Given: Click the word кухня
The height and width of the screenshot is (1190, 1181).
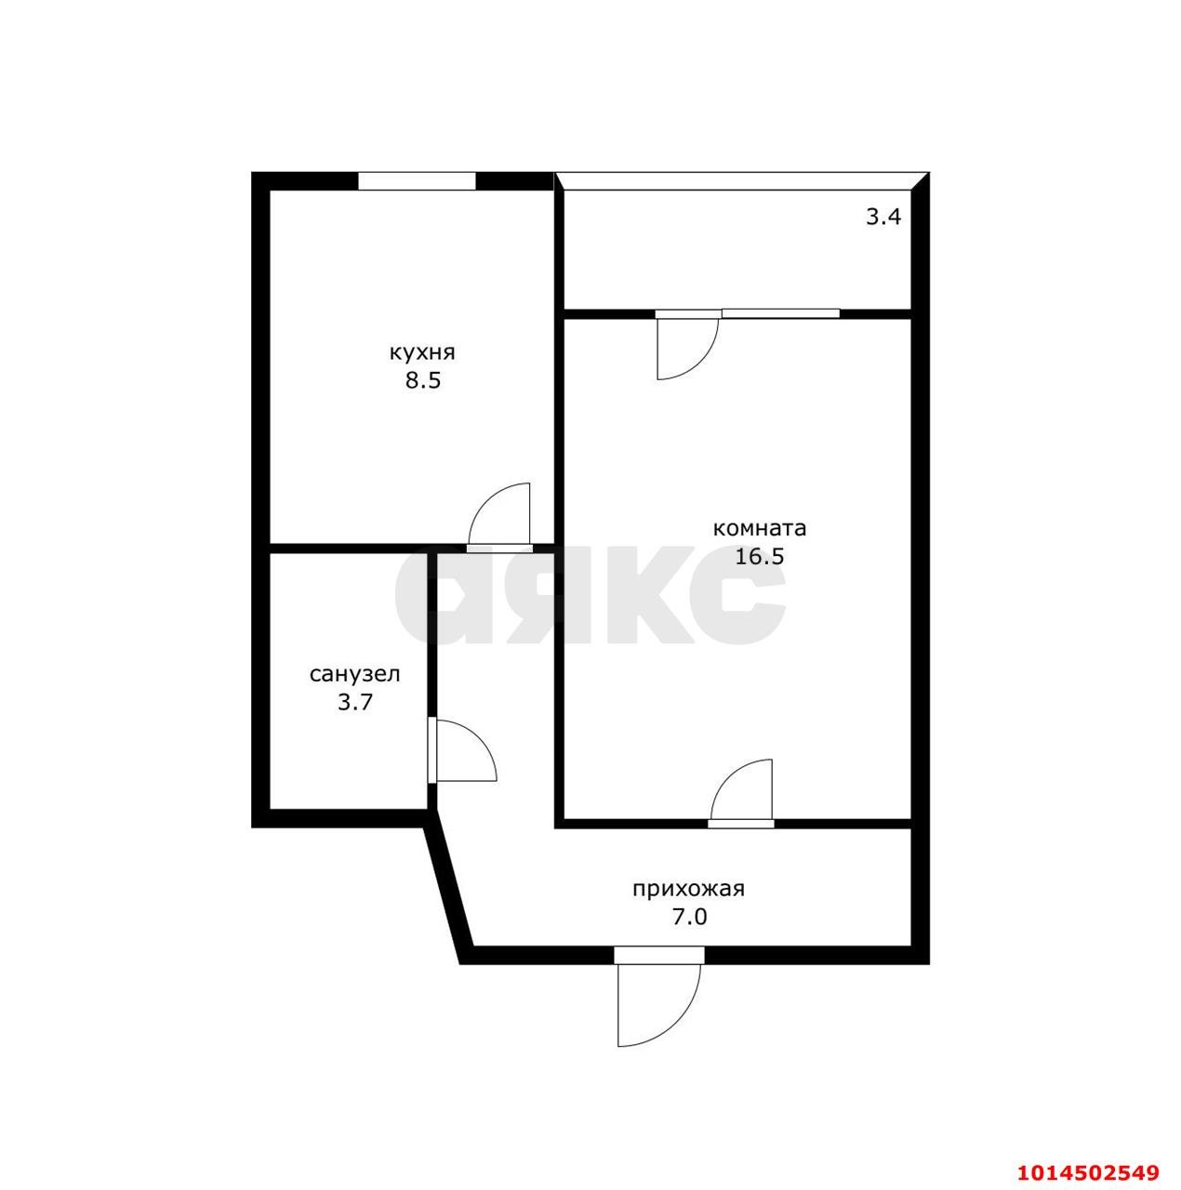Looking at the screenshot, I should click(x=421, y=353).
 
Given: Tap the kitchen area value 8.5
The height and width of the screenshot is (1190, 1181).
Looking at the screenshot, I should click(x=421, y=381).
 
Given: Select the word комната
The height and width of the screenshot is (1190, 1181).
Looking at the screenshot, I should click(x=759, y=529).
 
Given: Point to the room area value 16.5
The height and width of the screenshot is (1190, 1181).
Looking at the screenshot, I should click(x=760, y=557).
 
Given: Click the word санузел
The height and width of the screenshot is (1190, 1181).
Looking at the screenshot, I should click(x=354, y=674).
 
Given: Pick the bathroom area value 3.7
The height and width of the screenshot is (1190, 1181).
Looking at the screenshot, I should click(x=354, y=703).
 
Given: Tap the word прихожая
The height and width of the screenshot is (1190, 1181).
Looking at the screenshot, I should click(x=688, y=889).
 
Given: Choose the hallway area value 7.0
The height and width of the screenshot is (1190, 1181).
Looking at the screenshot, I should click(x=689, y=918).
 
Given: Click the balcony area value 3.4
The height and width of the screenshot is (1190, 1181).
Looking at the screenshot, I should click(x=883, y=218).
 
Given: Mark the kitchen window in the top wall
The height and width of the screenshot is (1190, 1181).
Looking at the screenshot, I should click(x=417, y=180).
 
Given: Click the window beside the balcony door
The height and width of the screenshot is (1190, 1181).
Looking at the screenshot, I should click(x=781, y=313).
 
